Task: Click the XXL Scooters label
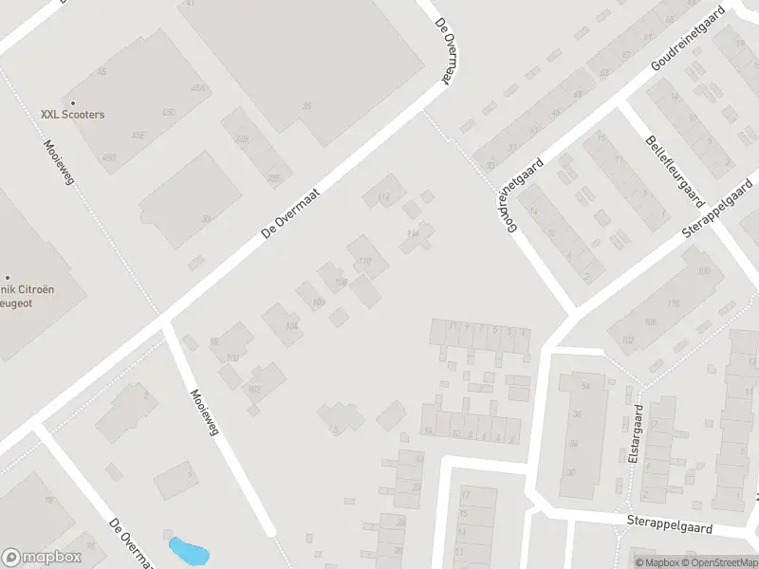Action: pos(72,114)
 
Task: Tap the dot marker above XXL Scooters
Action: pos(72,102)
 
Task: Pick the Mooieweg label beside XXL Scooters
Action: pos(57,161)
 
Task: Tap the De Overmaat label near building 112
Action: pos(291,211)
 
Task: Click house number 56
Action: pos(585,385)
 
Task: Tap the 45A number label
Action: pos(197,88)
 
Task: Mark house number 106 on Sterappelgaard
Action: pos(650,321)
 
